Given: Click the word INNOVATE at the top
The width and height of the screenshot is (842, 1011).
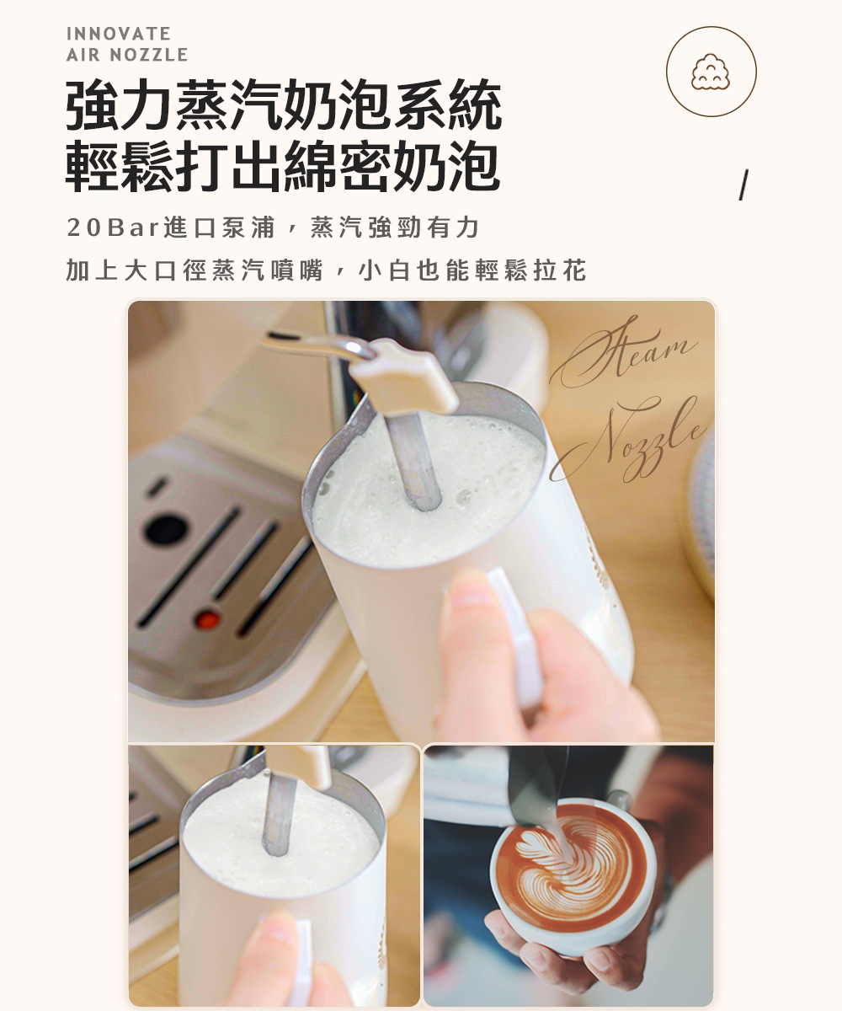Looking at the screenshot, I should (118, 34).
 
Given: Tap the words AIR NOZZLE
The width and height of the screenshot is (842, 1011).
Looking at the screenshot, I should (126, 56).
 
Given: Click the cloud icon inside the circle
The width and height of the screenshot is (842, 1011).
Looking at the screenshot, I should (711, 72).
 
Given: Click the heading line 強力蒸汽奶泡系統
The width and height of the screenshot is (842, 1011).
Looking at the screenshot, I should (284, 106).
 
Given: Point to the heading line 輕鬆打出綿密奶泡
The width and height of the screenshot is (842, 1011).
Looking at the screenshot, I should (284, 165).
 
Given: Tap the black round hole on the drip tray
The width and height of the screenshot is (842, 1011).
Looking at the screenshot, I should (166, 529).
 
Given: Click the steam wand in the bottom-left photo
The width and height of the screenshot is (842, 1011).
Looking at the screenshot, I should (279, 813).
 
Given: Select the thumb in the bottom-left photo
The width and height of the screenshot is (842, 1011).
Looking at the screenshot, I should (269, 952).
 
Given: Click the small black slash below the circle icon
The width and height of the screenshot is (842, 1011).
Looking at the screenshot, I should (743, 185).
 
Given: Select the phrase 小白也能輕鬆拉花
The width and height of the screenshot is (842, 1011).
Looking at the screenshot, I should (472, 271).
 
